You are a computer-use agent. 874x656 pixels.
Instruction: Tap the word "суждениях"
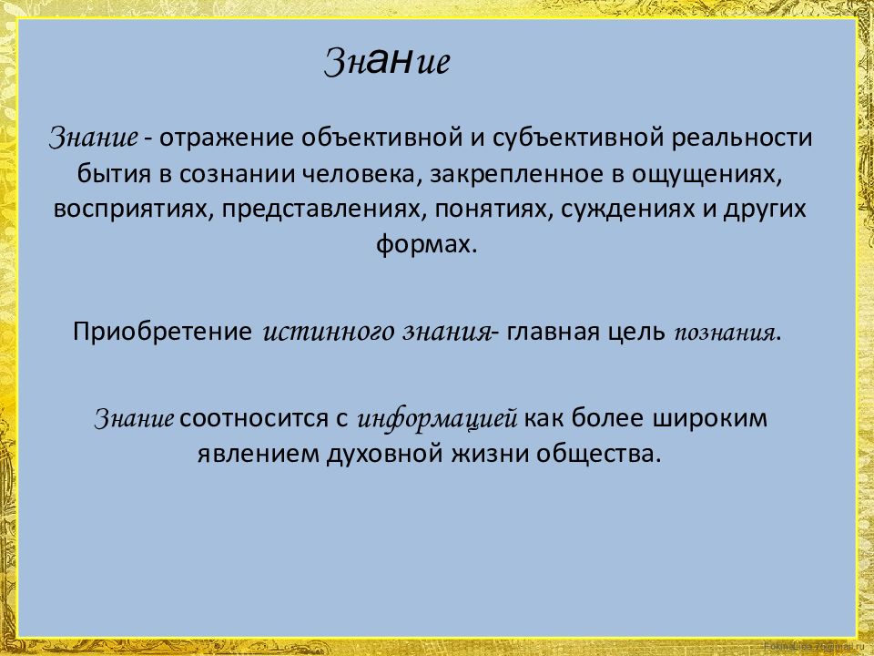click(622, 209)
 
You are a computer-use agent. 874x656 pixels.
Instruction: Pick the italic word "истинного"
click(328, 332)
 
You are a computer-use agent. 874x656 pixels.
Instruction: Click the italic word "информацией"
click(438, 419)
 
